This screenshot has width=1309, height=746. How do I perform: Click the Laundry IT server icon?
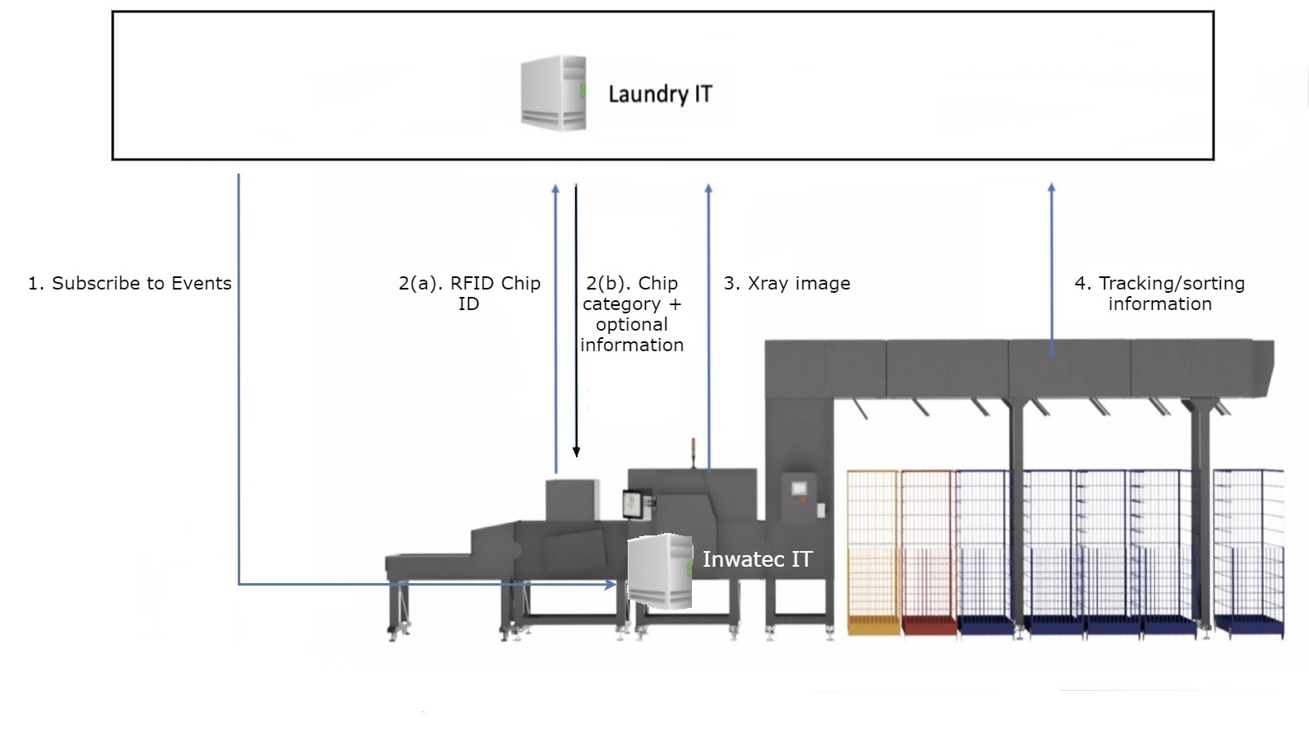click(x=553, y=93)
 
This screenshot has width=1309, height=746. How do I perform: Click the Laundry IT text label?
click(x=660, y=94)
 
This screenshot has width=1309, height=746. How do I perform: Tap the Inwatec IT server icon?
click(x=659, y=572)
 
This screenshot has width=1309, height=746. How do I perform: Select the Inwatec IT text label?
click(x=757, y=559)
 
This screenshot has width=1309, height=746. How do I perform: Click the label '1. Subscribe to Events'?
click(x=130, y=284)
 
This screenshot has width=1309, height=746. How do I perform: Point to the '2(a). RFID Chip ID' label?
click(x=469, y=294)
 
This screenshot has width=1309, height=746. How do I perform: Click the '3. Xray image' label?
click(x=787, y=284)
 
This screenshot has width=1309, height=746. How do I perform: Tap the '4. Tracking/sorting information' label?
click(x=1159, y=294)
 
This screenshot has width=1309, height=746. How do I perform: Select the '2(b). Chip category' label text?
click(x=632, y=294)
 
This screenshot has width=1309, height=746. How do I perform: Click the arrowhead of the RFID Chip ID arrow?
click(x=555, y=189)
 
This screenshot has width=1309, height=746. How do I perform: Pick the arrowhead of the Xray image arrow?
click(x=708, y=189)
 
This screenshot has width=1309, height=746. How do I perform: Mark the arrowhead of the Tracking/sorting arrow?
click(x=1051, y=188)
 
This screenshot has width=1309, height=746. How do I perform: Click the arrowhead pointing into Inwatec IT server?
click(x=610, y=585)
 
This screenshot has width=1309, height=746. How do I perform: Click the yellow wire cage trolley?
click(x=874, y=551)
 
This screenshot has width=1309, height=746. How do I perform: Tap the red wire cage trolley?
click(x=928, y=551)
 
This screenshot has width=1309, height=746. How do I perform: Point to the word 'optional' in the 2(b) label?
click(x=632, y=324)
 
